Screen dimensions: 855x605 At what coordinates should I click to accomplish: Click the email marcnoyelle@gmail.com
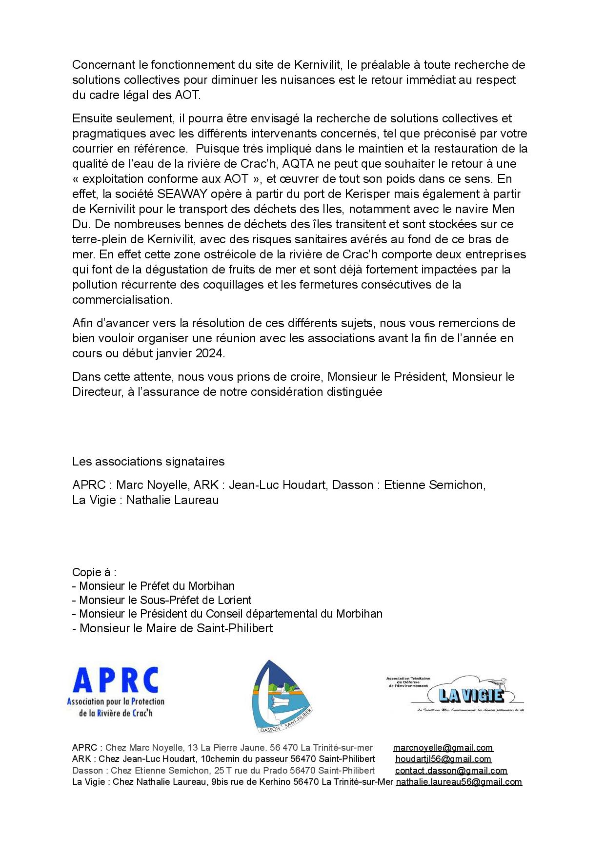pyautogui.click(x=443, y=748)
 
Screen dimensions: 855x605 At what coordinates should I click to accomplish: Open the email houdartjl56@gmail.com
pyautogui.click(x=443, y=759)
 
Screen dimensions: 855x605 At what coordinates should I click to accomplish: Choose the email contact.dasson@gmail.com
pyautogui.click(x=451, y=771)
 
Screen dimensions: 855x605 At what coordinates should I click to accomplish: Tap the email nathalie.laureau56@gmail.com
pyautogui.click(x=459, y=782)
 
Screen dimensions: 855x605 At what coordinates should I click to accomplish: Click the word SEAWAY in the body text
pyautogui.click(x=182, y=194)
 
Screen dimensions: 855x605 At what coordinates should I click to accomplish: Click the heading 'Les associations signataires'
pyautogui.click(x=148, y=462)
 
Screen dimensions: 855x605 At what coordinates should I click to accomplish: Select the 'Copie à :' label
pyautogui.click(x=94, y=572)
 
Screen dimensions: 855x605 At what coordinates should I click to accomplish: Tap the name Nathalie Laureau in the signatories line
pyautogui.click(x=172, y=500)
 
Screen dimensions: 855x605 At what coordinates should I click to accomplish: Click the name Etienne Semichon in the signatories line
pyautogui.click(x=434, y=485)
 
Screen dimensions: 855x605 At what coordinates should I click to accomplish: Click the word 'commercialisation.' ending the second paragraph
pyautogui.click(x=122, y=300)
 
